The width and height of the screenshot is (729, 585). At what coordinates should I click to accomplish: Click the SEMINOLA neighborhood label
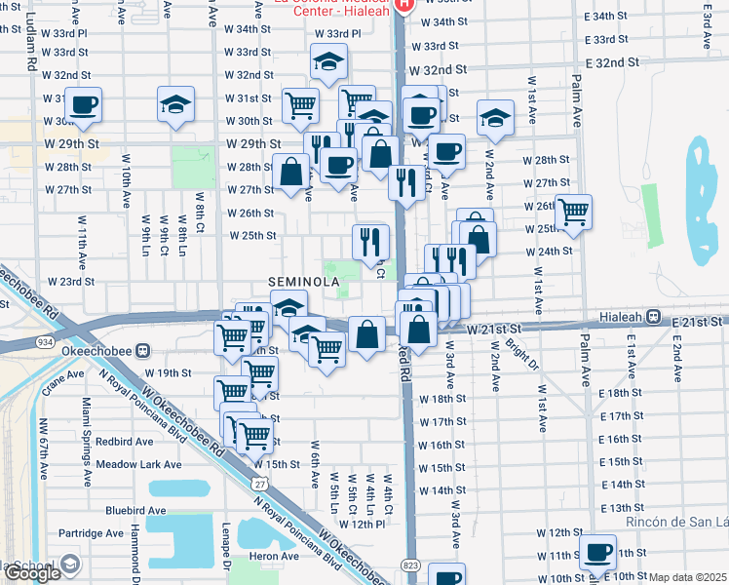[304, 282]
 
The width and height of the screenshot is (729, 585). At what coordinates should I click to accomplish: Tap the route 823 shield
[409, 565]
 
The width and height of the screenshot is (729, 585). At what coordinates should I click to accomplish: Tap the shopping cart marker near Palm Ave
[573, 210]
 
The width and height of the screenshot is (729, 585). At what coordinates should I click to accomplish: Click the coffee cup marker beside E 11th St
[597, 551]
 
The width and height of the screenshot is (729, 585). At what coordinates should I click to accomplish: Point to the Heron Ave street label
[275, 556]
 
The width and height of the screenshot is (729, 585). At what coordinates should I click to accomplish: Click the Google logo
[32, 573]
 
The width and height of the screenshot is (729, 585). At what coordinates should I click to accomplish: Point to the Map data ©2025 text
[688, 577]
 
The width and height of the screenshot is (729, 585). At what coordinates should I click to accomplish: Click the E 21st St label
[696, 321]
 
